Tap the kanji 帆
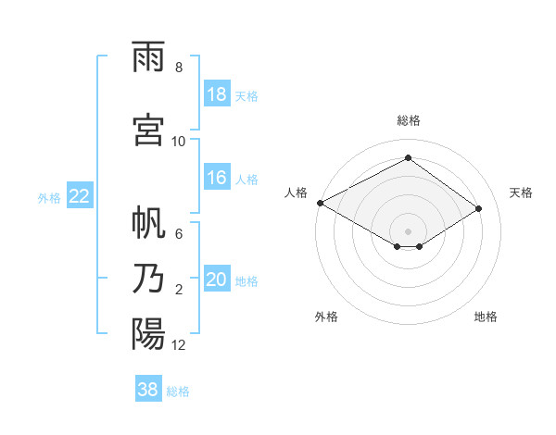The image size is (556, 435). (x=149, y=225)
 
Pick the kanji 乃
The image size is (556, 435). (x=149, y=279)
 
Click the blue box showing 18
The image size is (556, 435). (x=217, y=94)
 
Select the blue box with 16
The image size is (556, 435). (x=217, y=179)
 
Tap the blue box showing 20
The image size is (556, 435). (x=217, y=280)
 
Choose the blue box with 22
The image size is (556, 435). (x=80, y=196)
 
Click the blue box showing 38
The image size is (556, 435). (x=148, y=390)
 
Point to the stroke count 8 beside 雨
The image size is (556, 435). (x=179, y=68)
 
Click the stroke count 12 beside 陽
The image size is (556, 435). (x=179, y=345)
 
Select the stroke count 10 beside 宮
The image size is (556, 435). (x=179, y=141)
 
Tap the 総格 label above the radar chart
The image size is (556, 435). (x=409, y=120)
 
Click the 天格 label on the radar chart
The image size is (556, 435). (x=521, y=193)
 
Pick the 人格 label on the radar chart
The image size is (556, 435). (x=297, y=193)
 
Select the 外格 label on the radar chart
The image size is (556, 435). (x=326, y=317)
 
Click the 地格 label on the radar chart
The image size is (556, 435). (x=486, y=317)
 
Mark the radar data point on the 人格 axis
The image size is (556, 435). (x=321, y=203)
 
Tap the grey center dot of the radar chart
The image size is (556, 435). (x=409, y=230)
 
